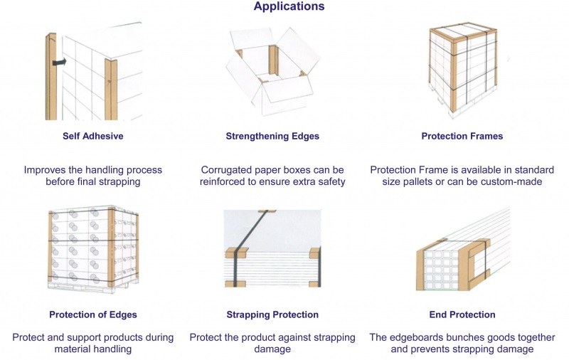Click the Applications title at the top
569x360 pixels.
[289, 6]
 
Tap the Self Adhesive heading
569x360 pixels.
[93, 136]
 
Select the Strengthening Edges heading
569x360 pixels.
[272, 136]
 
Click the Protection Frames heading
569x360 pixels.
[462, 136]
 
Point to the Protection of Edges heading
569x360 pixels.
[93, 314]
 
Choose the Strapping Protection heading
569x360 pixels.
[272, 314]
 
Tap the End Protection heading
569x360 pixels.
[462, 314]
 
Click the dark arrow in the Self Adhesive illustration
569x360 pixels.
[60, 62]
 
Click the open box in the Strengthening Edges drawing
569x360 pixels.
[273, 71]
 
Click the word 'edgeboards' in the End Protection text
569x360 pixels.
[416, 337]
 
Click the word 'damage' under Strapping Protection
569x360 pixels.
[272, 349]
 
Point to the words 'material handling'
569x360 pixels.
[93, 349]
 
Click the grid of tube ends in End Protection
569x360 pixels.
[441, 269]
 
